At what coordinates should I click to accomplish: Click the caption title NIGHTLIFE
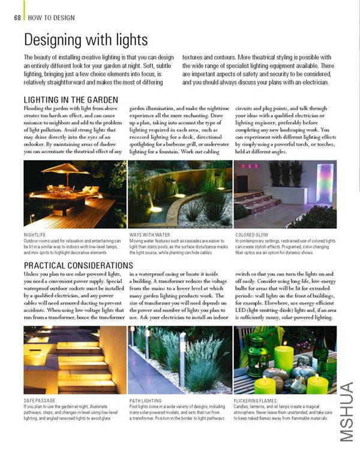[x=35, y=235]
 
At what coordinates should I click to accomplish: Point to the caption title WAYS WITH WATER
[x=149, y=235]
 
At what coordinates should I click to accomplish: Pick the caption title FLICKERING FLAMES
[x=256, y=400]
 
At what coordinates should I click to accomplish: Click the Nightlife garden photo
[x=74, y=195]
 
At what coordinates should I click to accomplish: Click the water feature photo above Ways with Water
[x=180, y=195]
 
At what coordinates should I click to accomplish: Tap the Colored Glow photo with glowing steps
[x=285, y=195]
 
